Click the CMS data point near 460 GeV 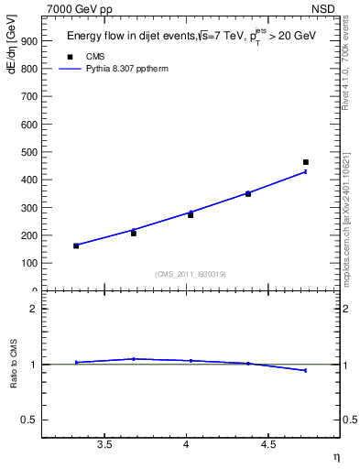tap(305, 162)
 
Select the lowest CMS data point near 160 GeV tap(76, 245)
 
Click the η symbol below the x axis tap(335, 456)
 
